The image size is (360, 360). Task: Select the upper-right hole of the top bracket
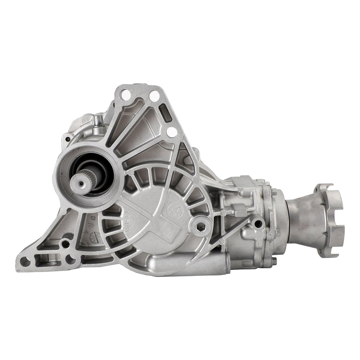(x=154, y=96)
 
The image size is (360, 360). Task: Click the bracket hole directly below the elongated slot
(x=171, y=132)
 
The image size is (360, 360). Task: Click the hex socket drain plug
(x=200, y=226)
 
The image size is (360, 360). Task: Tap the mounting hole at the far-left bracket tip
(x=25, y=261)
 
